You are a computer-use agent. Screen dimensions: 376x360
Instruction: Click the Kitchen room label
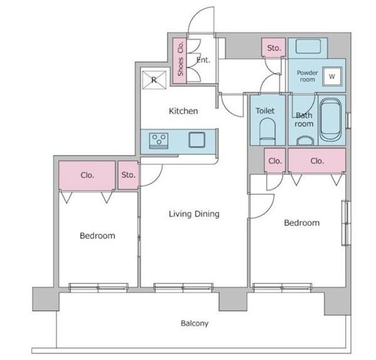[x=183, y=111]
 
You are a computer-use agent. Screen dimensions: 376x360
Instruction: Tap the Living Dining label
[x=194, y=214]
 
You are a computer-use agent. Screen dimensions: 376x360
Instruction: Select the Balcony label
[x=194, y=324]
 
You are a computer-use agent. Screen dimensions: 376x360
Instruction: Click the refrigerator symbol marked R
[x=154, y=80]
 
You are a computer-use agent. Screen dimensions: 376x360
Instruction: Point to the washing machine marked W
[x=332, y=76]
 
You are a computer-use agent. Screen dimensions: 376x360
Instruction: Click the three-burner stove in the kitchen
[x=159, y=140]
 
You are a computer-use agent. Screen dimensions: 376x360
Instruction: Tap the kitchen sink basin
[x=197, y=140]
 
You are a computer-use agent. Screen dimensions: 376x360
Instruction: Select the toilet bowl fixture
[x=267, y=132]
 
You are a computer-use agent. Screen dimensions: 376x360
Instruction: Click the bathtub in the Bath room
[x=331, y=120]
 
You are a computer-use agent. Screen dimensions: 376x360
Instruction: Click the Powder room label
[x=307, y=76]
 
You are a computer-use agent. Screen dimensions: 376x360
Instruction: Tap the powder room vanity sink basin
[x=308, y=46]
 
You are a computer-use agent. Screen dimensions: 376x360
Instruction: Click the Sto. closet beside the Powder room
[x=273, y=48]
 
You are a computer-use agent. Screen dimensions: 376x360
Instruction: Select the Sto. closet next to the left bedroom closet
[x=128, y=175]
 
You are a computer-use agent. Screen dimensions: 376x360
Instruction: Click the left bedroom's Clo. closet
[x=87, y=175]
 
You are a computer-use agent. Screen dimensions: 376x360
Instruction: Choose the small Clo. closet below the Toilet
[x=275, y=160]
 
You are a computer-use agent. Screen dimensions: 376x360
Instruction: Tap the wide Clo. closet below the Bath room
[x=317, y=160]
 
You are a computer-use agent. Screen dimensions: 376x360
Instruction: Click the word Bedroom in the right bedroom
[x=301, y=223]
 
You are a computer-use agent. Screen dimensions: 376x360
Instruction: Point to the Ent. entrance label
[x=203, y=60]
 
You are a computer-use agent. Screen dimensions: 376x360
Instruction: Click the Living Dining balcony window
[x=183, y=288]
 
